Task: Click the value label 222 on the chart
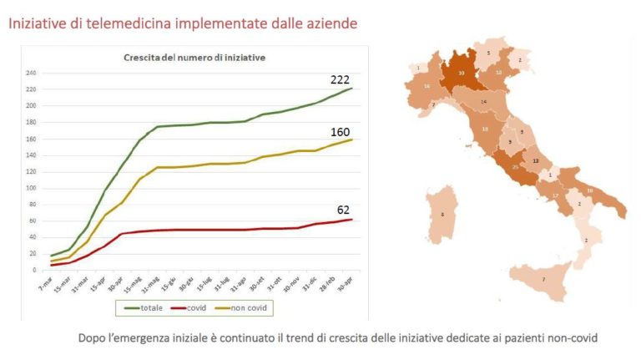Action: click(339, 79)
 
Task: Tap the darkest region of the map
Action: click(461, 74)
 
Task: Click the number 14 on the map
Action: click(483, 102)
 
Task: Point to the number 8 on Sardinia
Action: click(442, 215)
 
